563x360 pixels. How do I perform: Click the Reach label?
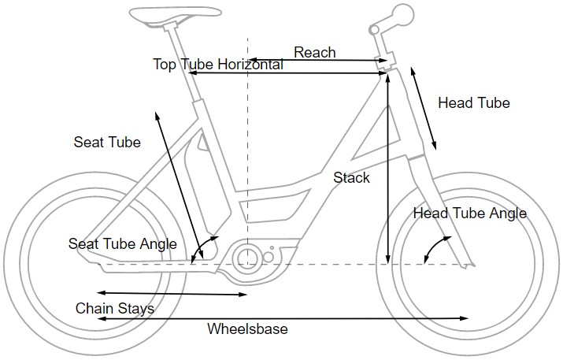tap(314, 53)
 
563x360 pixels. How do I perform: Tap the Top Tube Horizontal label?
tap(217, 65)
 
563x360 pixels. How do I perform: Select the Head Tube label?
tap(473, 103)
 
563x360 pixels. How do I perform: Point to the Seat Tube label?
tap(107, 143)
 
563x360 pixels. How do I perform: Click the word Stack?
tap(351, 178)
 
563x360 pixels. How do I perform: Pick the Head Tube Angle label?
tap(469, 213)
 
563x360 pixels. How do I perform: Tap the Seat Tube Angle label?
tap(122, 244)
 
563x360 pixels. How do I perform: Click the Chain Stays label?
tap(115, 308)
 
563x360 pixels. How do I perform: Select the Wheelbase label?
tap(246, 328)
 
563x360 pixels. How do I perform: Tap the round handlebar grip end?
tap(403, 15)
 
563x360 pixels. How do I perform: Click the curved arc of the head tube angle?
tap(428, 251)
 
